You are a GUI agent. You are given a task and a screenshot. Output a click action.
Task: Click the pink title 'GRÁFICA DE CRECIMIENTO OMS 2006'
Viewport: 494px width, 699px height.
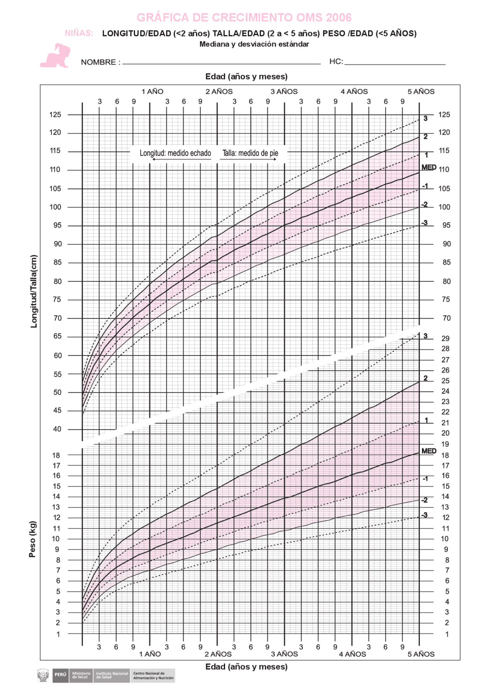(244, 17)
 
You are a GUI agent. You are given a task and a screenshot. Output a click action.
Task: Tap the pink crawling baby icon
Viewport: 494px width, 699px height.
(56, 56)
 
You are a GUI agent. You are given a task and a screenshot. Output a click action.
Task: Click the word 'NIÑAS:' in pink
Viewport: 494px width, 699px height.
(79, 33)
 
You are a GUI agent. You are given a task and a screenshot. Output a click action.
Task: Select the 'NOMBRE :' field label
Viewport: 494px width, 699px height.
(100, 62)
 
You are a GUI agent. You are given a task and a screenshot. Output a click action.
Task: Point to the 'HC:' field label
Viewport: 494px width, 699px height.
(336, 61)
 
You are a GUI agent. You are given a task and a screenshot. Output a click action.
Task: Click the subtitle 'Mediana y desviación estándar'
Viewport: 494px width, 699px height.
(254, 44)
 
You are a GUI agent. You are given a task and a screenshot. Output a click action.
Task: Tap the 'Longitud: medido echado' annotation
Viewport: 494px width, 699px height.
(175, 153)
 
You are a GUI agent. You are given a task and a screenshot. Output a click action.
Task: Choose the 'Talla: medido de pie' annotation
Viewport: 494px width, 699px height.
(250, 153)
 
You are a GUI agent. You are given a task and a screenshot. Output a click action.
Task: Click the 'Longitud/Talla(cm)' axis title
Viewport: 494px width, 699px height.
(34, 291)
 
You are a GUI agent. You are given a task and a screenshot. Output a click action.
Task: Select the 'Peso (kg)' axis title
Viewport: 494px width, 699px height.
(32, 539)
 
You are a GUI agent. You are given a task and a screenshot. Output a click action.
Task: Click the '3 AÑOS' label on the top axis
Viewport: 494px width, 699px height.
(284, 92)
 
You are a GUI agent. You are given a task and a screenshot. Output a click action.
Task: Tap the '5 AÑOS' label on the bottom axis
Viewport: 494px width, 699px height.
(421, 654)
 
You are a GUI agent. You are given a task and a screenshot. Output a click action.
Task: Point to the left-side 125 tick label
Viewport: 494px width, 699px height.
(55, 115)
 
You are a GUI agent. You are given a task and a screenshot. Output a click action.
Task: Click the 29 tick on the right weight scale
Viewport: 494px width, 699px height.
(445, 338)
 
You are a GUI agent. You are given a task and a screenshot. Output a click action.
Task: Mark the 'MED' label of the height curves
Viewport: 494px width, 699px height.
(429, 168)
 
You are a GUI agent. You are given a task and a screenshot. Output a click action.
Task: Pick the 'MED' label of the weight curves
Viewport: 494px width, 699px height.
(429, 451)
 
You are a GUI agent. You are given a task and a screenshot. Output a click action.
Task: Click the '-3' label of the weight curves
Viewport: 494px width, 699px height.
(424, 515)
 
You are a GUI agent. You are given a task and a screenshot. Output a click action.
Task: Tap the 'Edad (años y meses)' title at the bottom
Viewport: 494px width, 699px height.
(246, 667)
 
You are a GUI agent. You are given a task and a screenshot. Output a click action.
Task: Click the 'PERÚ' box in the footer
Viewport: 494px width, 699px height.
(60, 674)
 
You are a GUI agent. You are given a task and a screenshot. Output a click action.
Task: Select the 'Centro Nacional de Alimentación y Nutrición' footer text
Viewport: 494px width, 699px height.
(153, 675)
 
